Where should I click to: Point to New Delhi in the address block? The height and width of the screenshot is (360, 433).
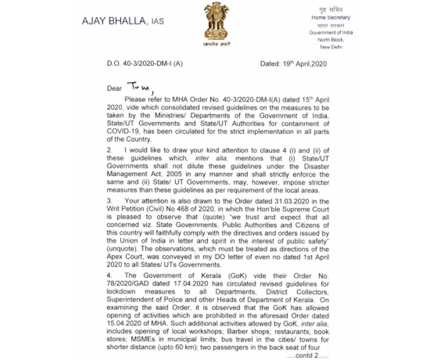click(x=332, y=47)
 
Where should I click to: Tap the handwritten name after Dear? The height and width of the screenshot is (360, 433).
click(x=141, y=88)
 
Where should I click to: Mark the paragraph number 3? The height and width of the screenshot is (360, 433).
click(x=109, y=200)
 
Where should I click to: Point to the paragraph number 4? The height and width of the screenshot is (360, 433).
click(x=109, y=275)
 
